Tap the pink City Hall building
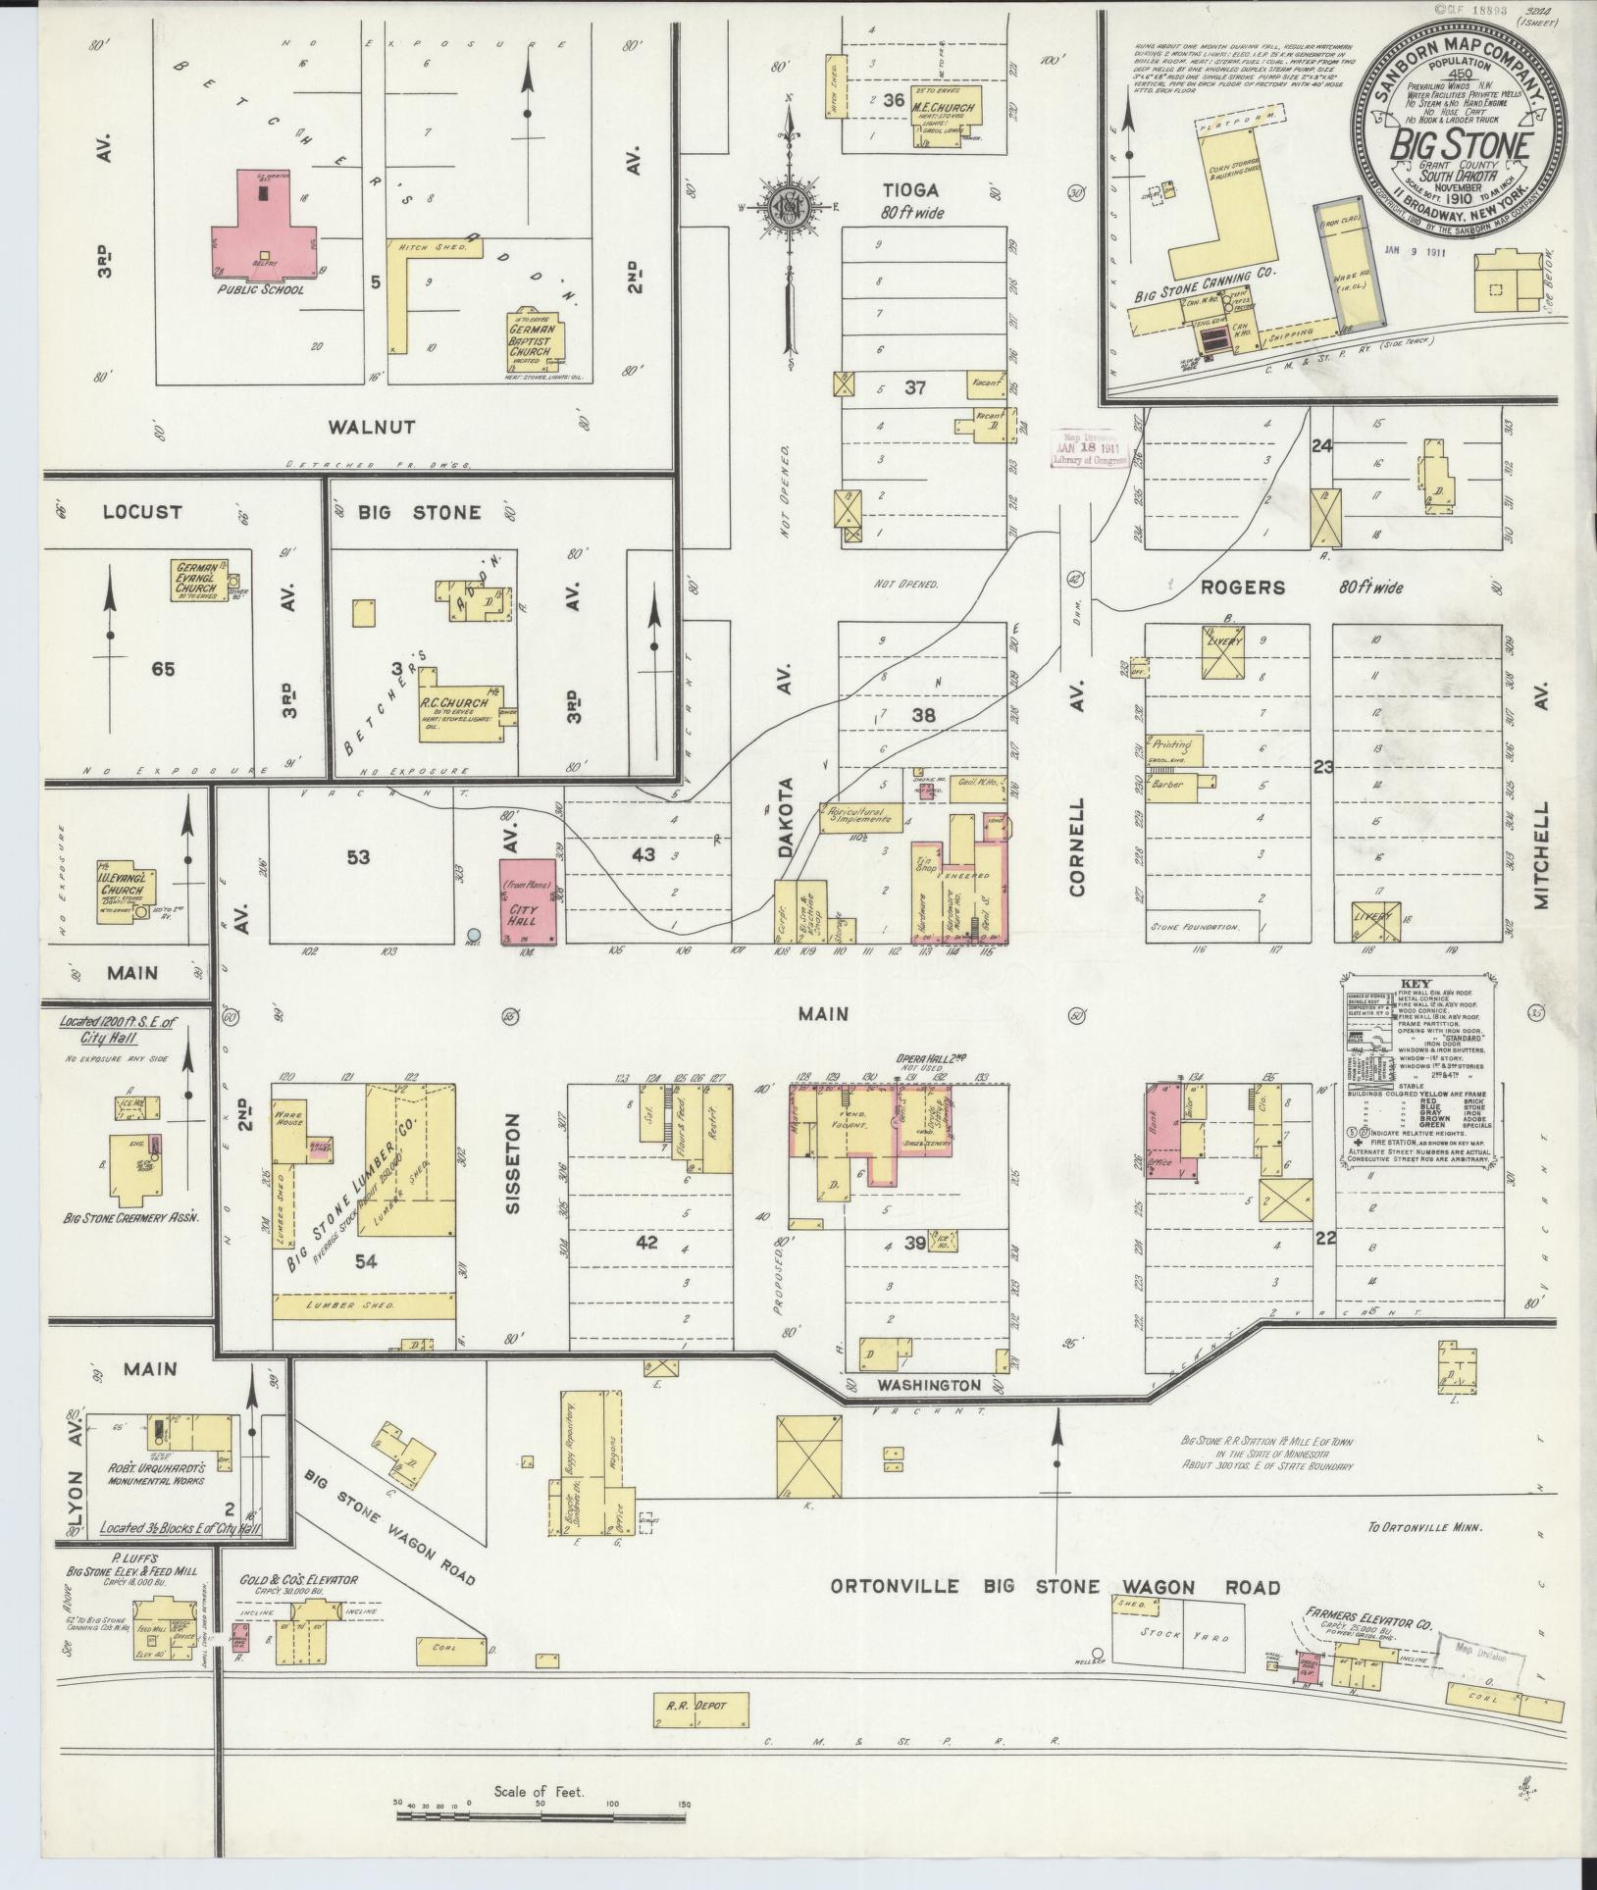[x=529, y=901]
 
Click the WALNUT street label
[x=372, y=427]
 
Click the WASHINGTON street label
[x=928, y=1386]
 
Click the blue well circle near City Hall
[x=474, y=934]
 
